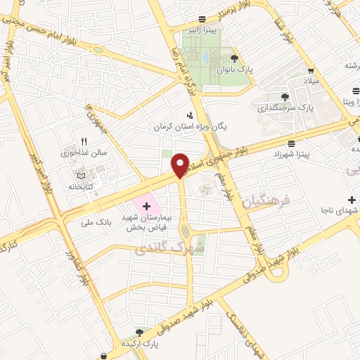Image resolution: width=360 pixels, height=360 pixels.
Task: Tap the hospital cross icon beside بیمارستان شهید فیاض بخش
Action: pyautogui.click(x=146, y=206)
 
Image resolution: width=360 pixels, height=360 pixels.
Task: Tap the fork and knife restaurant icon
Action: pyautogui.click(x=84, y=141)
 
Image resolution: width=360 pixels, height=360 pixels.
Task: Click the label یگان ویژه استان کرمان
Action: pyautogui.click(x=191, y=127)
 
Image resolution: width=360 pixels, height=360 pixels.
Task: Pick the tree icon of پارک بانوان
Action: pyautogui.click(x=234, y=59)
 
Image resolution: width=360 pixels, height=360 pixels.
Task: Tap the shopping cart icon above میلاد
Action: pyautogui.click(x=310, y=71)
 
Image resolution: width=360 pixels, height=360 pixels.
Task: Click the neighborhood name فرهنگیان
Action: pyautogui.click(x=266, y=202)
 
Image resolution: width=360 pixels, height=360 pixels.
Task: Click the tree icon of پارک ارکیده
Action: pyautogui.click(x=139, y=332)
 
